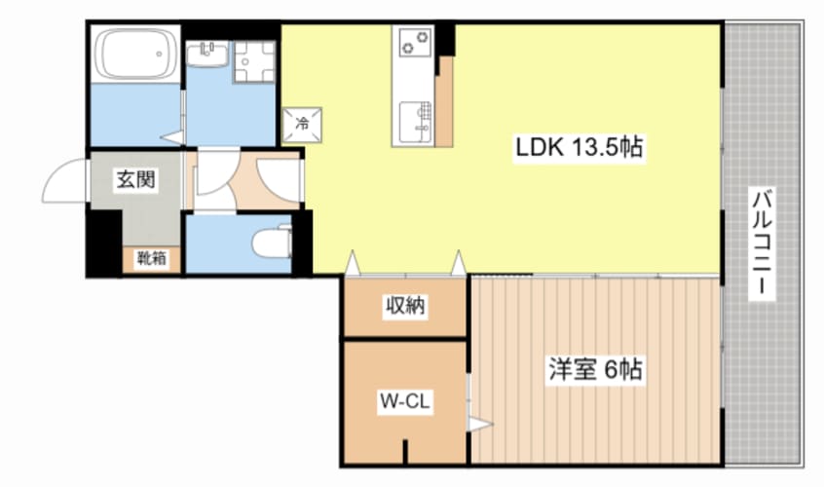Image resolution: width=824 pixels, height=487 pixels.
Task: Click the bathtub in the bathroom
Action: tap(135, 54)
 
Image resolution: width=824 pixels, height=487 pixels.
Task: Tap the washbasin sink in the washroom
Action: tap(207, 55)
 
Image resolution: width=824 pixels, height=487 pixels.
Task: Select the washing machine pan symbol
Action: tap(254, 61)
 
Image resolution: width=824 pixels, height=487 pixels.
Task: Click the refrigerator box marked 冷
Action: tap(302, 125)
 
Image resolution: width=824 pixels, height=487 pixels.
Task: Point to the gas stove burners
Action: tap(415, 42)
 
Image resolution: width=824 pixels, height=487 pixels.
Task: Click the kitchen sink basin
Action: tap(415, 123)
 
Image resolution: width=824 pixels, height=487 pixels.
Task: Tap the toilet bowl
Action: tap(272, 243)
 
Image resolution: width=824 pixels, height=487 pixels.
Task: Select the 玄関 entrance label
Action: tap(135, 179)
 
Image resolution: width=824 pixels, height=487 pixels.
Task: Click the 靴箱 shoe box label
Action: tap(151, 258)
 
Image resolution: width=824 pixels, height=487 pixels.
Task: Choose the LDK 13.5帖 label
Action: tap(579, 147)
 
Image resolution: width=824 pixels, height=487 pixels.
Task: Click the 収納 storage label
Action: tap(405, 305)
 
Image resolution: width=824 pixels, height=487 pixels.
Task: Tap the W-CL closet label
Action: tap(404, 401)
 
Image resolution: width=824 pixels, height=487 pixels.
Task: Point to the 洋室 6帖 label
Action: tap(595, 370)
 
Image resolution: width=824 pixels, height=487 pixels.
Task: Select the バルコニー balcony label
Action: tap(762, 243)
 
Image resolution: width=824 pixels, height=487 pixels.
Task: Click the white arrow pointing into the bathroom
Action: tap(171, 138)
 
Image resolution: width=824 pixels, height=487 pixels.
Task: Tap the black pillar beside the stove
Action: tap(444, 39)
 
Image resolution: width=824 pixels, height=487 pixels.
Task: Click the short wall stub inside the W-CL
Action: tap(405, 451)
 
